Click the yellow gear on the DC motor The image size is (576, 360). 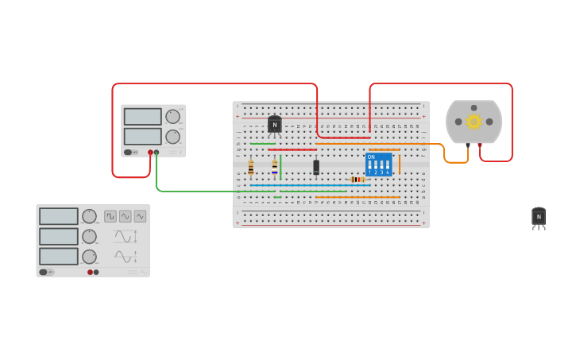[474, 122]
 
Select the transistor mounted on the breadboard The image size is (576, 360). [274, 125]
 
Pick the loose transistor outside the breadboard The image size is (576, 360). [539, 216]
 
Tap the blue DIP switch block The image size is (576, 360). [378, 165]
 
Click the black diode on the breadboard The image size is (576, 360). [316, 167]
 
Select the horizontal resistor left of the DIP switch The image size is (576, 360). [358, 180]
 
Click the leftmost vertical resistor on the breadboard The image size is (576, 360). [251, 167]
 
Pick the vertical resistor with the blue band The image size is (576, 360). [275, 167]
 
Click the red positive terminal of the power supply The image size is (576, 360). [150, 152]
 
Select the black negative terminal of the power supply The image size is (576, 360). [157, 152]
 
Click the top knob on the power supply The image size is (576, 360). [172, 116]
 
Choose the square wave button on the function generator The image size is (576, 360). [110, 216]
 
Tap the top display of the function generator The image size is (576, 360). [59, 216]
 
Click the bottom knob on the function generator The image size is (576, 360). [90, 257]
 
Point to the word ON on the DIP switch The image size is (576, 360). [371, 157]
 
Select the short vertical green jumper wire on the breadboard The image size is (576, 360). [280, 167]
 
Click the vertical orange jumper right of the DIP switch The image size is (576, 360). [399, 165]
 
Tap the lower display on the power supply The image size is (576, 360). [142, 137]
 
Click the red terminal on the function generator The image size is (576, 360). [90, 272]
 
